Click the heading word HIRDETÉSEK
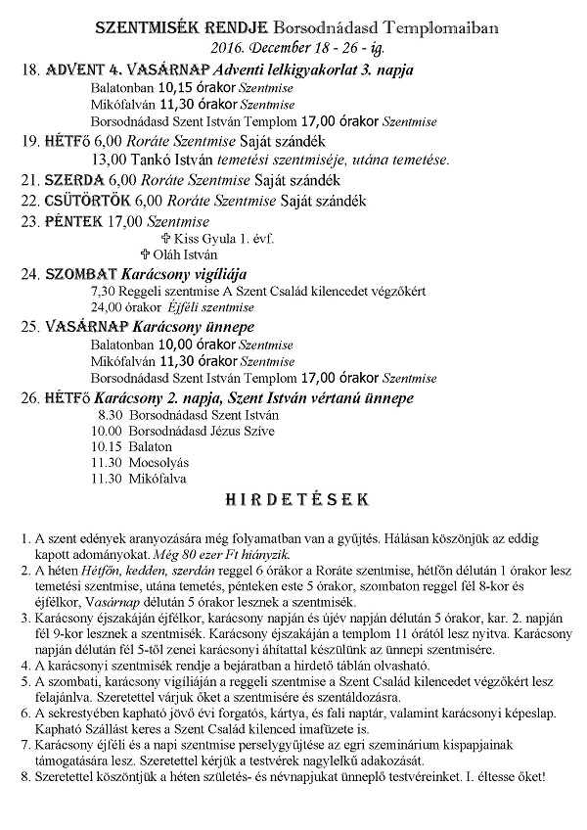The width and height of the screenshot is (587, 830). tap(295, 499)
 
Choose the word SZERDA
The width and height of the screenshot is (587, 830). tap(77, 181)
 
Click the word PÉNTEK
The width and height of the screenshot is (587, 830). tap(73, 221)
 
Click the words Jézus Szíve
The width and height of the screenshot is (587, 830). tap(243, 430)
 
